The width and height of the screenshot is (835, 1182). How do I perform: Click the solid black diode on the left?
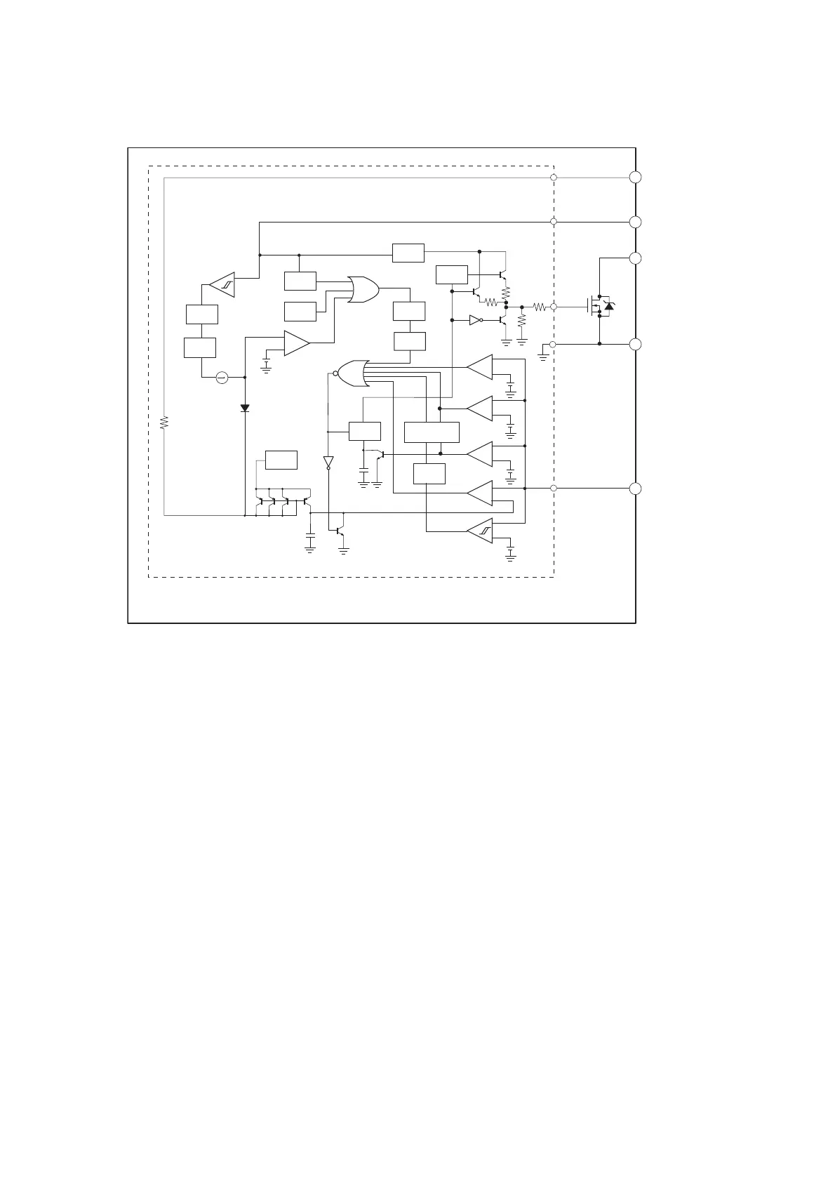pos(245,408)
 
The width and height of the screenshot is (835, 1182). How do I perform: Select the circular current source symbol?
pos(222,378)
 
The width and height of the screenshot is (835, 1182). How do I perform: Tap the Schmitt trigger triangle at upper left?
pos(222,284)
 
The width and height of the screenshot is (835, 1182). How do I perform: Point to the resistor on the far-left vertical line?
pos(164,423)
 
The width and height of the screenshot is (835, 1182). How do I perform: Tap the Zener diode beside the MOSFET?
pos(609,306)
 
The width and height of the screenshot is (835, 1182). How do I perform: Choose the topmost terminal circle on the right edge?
pos(635,177)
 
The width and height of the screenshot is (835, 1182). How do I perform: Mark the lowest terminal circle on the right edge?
pos(635,489)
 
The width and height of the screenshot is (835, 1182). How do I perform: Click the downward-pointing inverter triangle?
pos(328,462)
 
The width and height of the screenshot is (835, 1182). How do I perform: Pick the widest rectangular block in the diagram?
pos(432,432)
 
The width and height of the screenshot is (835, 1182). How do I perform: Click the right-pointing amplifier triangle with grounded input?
pos(296,343)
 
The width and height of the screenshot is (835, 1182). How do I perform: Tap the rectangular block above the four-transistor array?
pos(281,460)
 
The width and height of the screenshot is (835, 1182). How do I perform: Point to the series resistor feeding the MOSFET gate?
pos(539,307)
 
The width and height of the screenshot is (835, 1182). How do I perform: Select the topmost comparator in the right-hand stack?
pos(481,366)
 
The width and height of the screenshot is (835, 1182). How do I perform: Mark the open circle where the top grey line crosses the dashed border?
pos(554,178)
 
